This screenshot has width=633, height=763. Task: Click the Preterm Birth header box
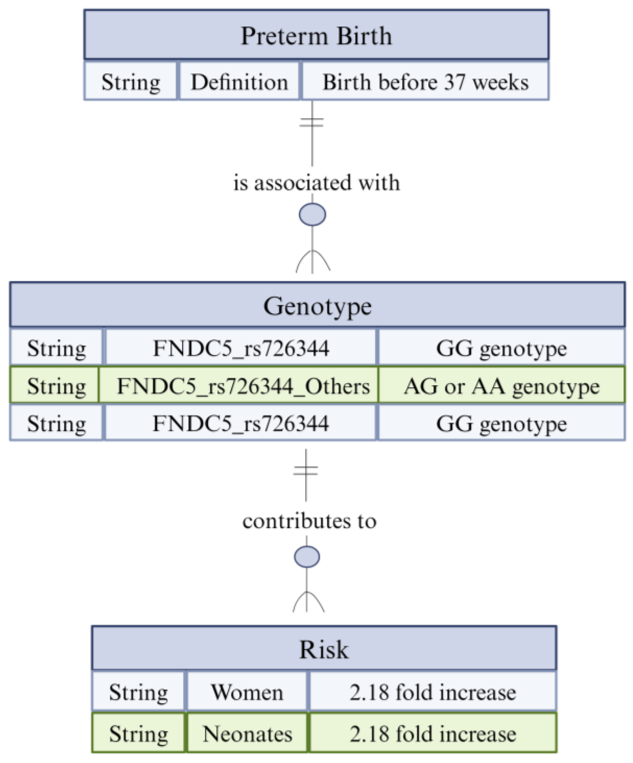pyautogui.click(x=316, y=35)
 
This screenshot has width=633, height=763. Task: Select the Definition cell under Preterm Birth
pyautogui.click(x=239, y=81)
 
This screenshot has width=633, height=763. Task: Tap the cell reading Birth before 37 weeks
pyautogui.click(x=425, y=81)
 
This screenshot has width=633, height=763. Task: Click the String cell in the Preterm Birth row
pyautogui.click(x=131, y=81)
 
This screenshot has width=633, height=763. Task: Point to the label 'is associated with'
pyautogui.click(x=316, y=182)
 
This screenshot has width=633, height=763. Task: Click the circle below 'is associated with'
pyautogui.click(x=312, y=214)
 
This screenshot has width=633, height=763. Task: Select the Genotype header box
pyautogui.click(x=317, y=306)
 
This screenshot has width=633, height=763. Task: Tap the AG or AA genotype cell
pyautogui.click(x=501, y=385)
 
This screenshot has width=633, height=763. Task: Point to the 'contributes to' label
pyautogui.click(x=309, y=521)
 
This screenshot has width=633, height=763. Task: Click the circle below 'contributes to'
pyautogui.click(x=307, y=556)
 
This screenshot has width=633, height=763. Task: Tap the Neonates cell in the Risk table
pyautogui.click(x=247, y=733)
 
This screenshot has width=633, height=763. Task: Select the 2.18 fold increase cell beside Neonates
pyautogui.click(x=433, y=733)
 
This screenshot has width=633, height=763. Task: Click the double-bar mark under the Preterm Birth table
pyautogui.click(x=312, y=123)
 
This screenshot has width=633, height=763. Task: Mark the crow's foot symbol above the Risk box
pyautogui.click(x=308, y=603)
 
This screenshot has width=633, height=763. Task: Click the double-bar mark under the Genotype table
pyautogui.click(x=306, y=471)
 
